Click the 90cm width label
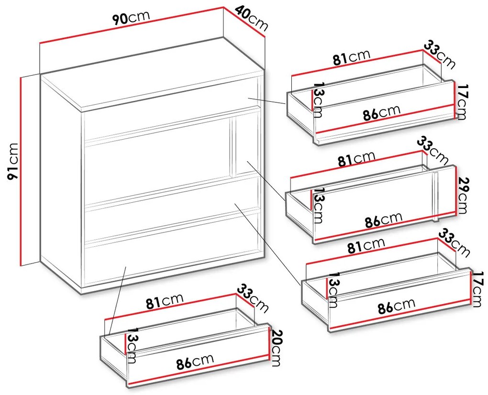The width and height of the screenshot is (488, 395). coord(131,18)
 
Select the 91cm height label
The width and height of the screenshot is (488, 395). coord(13,162)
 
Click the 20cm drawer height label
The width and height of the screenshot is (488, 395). coord(276,347)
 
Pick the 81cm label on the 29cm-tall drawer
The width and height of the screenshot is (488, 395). coord(356,159)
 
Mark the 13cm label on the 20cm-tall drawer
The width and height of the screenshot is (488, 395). coord(132,345)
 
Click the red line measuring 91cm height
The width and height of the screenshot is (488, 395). coord(21,171)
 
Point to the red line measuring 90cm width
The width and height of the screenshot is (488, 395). coord(132,25)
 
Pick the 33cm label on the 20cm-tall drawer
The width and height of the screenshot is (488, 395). coord(253,298)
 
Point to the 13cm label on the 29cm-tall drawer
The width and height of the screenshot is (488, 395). coord(318,205)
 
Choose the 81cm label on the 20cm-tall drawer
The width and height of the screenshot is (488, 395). coord(165,301)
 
